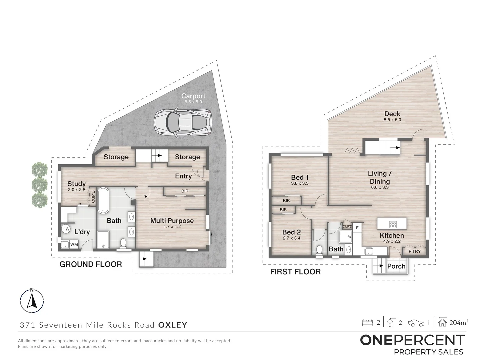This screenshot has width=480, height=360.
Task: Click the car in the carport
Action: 183,122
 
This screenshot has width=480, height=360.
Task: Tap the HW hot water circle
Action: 66,229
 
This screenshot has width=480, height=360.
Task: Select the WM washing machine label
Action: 74,244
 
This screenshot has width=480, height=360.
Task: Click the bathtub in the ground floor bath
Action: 103,201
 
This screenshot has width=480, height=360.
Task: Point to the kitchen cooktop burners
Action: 393,224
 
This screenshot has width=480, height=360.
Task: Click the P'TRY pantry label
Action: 415,251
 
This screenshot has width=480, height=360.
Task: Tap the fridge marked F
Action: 357,228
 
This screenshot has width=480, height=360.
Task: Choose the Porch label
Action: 396,266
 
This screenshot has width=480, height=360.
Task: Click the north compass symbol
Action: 32,301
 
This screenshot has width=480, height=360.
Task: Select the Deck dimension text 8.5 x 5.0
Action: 392,120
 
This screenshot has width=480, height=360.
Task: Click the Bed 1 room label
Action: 300,177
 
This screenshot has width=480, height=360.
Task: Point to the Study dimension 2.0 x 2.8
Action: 77,190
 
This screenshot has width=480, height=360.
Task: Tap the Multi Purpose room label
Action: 172,221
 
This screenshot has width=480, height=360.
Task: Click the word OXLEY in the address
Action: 173,325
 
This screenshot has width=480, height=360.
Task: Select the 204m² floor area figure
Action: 459,323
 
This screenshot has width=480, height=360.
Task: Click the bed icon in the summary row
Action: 367,322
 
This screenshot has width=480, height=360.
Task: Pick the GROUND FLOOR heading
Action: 91,264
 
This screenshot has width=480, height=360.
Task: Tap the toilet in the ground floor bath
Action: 123,244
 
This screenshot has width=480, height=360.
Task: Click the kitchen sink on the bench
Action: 368,251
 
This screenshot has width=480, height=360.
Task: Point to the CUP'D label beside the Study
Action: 93,197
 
